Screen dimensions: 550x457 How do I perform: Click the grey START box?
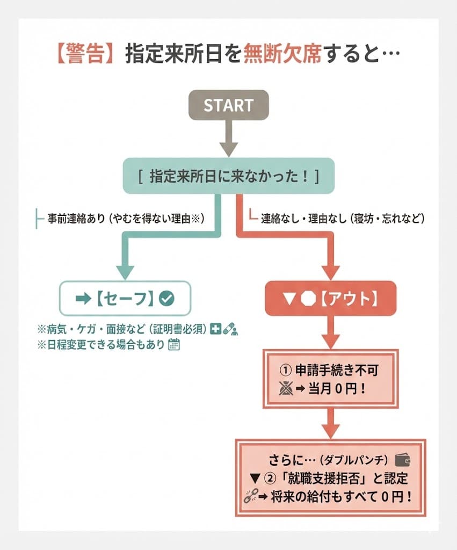point(228,105)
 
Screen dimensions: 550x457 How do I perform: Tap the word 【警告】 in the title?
point(85,54)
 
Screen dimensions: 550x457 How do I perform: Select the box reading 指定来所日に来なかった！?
point(228,176)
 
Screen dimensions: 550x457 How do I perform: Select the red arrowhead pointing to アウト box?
point(331,271)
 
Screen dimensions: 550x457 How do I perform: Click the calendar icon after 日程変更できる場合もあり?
point(173,345)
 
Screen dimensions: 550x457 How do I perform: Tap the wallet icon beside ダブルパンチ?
point(402,461)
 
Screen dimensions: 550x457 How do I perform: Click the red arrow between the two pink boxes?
point(331,424)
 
